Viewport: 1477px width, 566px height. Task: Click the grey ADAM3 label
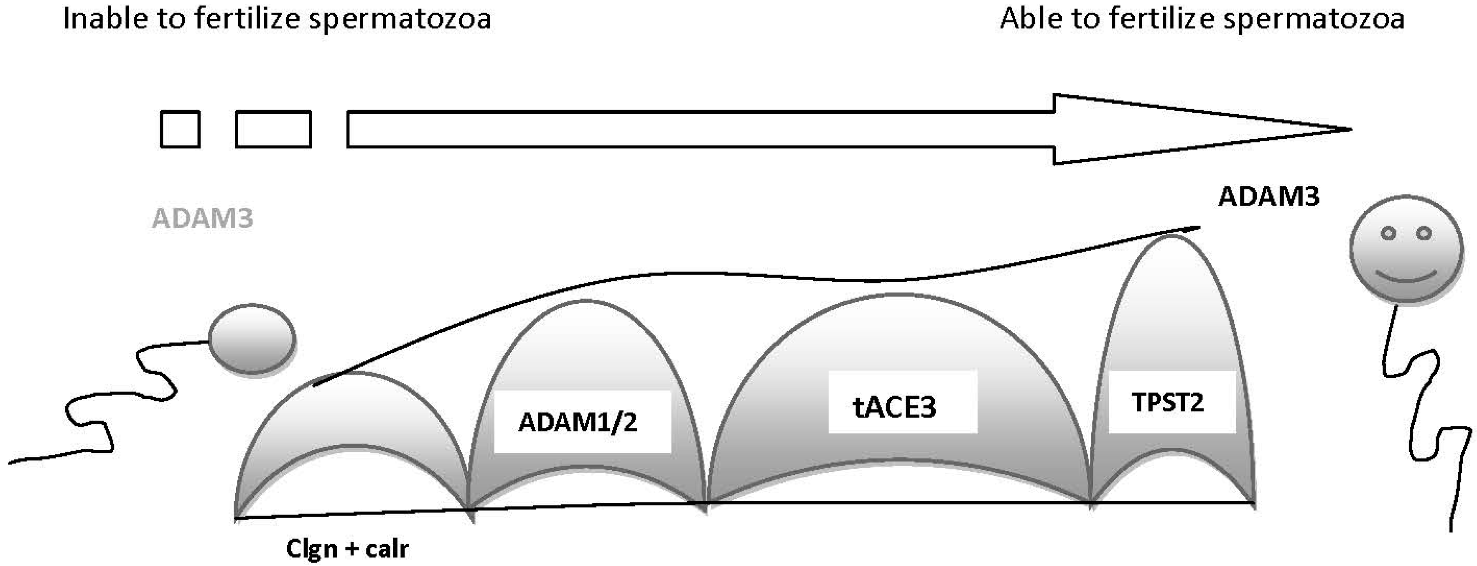[202, 219]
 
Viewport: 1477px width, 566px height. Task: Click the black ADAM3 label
[1268, 197]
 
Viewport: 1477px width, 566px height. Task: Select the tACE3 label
[894, 407]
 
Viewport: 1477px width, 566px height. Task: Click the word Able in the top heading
[1030, 18]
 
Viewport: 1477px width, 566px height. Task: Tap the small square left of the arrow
[180, 130]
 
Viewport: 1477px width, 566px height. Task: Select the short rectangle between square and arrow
[273, 130]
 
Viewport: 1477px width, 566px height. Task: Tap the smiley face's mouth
[1406, 279]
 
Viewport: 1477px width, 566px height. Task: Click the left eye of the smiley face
[1388, 233]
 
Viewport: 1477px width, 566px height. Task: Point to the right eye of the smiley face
[1424, 233]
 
